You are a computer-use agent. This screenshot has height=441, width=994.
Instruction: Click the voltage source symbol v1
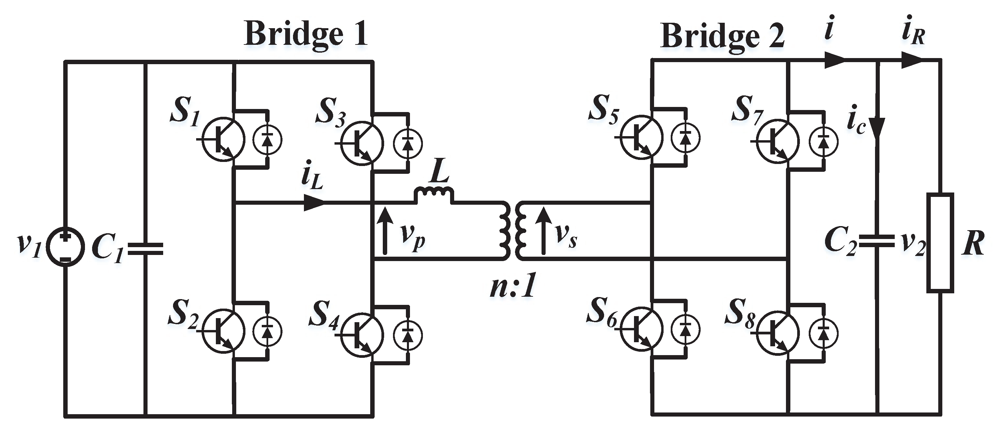pyautogui.click(x=65, y=247)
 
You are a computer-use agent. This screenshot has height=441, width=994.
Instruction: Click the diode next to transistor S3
pyautogui.click(x=408, y=143)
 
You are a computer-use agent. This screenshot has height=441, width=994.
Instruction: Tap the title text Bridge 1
pyautogui.click(x=306, y=34)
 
